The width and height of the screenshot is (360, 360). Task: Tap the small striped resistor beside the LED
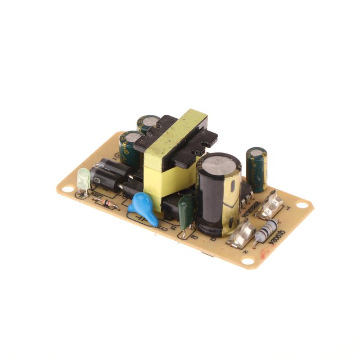(x=107, y=203)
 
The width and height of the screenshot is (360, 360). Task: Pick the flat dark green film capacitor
(x=186, y=210)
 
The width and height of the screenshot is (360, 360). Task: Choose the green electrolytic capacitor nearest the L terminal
(x=257, y=169)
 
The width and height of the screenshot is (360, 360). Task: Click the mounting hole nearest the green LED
(x=67, y=189)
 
